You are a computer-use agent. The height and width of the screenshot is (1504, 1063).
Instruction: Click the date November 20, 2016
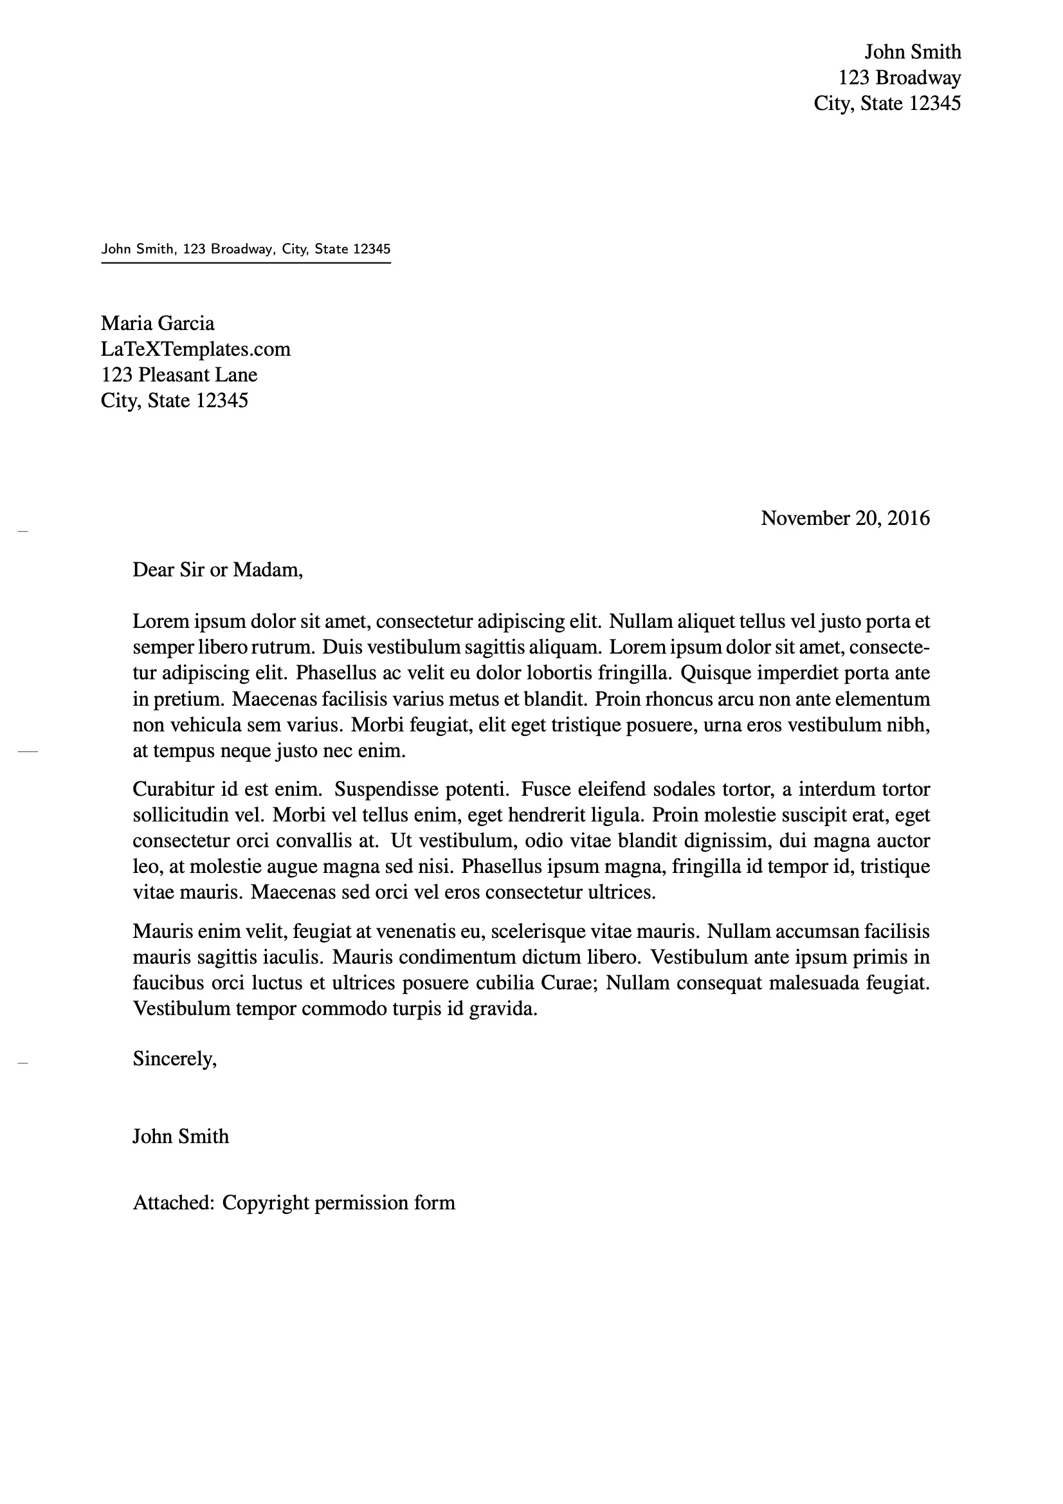pyautogui.click(x=845, y=518)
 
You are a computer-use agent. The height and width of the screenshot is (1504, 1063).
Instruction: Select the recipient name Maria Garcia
pyautogui.click(x=157, y=323)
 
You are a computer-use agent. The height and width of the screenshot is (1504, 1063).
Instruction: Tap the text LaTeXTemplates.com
pyautogui.click(x=195, y=349)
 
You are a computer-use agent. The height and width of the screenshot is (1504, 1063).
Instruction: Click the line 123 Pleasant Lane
pyautogui.click(x=179, y=374)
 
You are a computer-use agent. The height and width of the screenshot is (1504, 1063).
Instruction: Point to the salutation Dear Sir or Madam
pyautogui.click(x=217, y=569)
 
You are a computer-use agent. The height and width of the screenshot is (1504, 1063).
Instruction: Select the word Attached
pyautogui.click(x=173, y=1203)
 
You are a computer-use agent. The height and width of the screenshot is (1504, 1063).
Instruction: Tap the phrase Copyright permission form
pyautogui.click(x=339, y=1203)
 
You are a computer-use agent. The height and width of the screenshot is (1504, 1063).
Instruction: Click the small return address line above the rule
pyautogui.click(x=246, y=249)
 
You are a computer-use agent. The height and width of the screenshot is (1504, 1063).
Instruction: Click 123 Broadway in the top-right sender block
pyautogui.click(x=899, y=77)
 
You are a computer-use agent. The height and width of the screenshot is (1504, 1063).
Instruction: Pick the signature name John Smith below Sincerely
pyautogui.click(x=181, y=1136)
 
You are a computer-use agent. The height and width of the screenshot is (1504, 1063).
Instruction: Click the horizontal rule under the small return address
pyautogui.click(x=246, y=262)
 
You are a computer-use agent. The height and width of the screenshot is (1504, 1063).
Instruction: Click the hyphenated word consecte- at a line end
pyautogui.click(x=889, y=647)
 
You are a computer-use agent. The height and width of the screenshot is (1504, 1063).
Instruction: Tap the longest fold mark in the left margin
pyautogui.click(x=28, y=752)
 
